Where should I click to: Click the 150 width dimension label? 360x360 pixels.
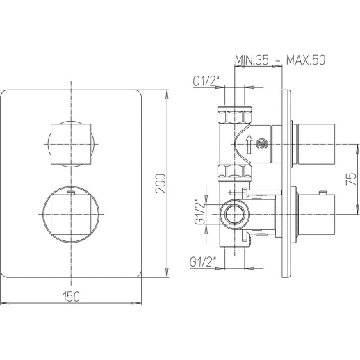[x=71, y=296]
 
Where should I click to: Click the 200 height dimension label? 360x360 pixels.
[x=161, y=183]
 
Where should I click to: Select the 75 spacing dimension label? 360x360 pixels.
[x=351, y=179]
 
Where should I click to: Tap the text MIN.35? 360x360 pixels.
[x=252, y=60]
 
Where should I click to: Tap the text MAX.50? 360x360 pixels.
[x=306, y=60]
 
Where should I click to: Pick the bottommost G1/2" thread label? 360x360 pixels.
[x=203, y=262]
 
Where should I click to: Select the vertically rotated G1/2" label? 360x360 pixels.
[x=200, y=211]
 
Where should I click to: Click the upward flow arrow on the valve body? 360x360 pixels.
[x=249, y=145]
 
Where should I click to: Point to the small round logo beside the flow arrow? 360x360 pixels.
[x=262, y=144]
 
